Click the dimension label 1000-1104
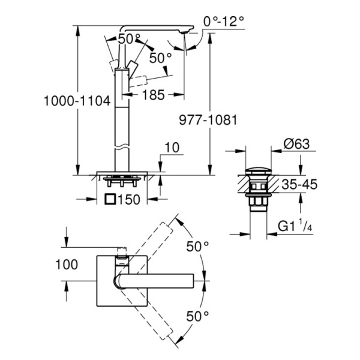click(76, 102)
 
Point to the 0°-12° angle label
click(224, 22)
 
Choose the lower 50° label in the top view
click(197, 314)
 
